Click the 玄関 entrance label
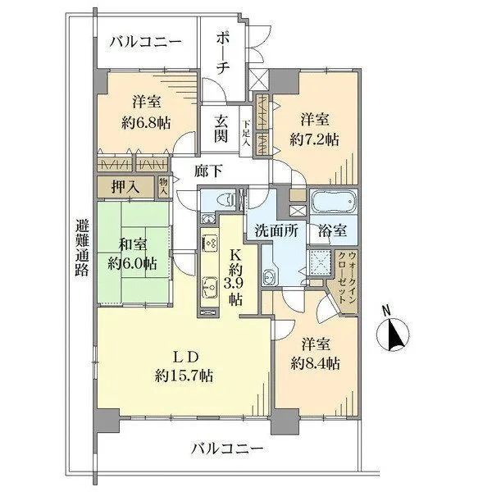(x=221, y=128)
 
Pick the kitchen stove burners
(x=207, y=243)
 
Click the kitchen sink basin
(x=207, y=287)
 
